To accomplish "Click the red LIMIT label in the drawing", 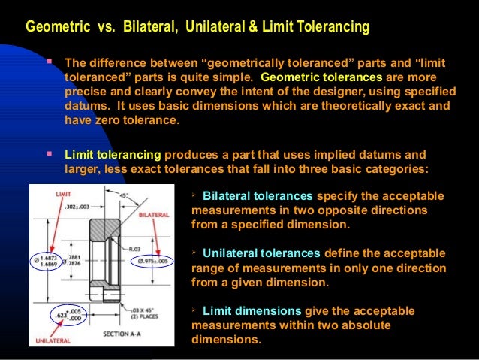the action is click(x=63, y=194).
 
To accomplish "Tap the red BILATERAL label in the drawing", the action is click(x=155, y=215).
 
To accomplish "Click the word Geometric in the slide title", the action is click(x=53, y=28).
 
